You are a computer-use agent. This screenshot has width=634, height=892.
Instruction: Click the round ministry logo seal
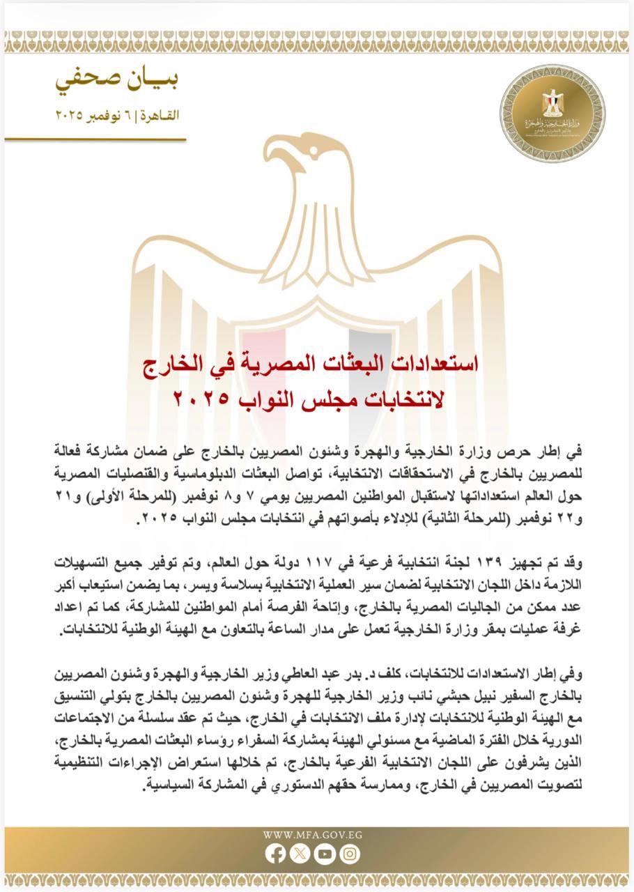[552, 113]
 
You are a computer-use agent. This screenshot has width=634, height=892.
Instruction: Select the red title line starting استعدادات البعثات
[316, 364]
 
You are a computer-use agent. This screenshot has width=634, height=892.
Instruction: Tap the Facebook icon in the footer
[276, 854]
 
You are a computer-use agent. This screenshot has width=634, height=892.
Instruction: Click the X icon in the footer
[300, 854]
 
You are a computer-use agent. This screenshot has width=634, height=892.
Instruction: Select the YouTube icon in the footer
[325, 854]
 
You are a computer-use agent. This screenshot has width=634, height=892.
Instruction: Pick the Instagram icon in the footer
[350, 854]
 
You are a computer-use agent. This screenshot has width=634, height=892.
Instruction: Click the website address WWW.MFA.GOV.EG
[313, 834]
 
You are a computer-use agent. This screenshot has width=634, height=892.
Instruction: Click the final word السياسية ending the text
[174, 785]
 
